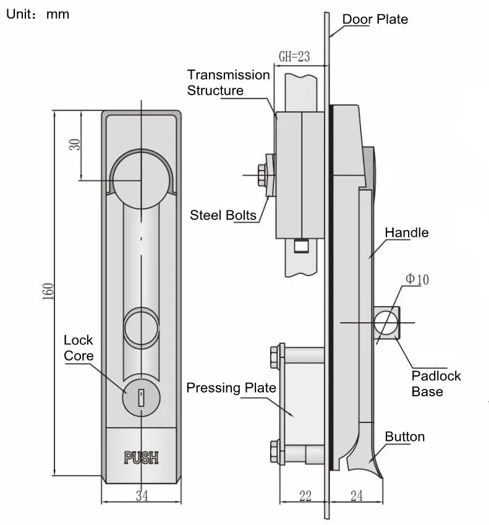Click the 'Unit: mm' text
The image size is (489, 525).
pos(38,14)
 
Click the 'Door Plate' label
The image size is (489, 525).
pos(375,19)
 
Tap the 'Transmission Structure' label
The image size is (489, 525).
pos(228,83)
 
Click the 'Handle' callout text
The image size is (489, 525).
pos(406,233)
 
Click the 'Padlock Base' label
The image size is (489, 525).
pos(436,383)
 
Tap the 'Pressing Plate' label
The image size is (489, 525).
pos(231,388)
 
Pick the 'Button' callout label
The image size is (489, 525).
pos(404,437)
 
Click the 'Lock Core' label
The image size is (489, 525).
pos(79,348)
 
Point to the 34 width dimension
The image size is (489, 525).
pos(142,495)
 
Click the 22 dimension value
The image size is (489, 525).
pos(304,495)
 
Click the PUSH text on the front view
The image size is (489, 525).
pos(142,458)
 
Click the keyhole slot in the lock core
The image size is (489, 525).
pos(142,395)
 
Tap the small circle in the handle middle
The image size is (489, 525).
pos(142,327)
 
